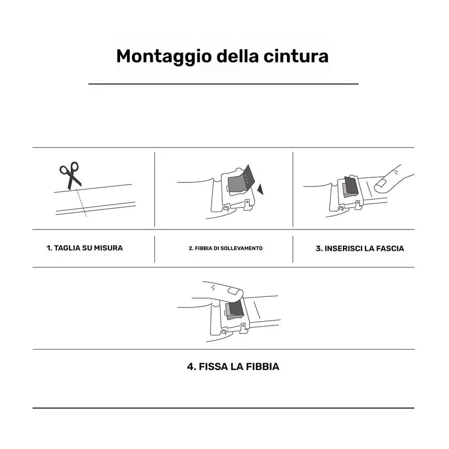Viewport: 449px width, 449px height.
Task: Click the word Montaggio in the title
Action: tap(164, 57)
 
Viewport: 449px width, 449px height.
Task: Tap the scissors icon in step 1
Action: tap(70, 175)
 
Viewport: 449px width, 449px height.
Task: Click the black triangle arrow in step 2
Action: tap(260, 189)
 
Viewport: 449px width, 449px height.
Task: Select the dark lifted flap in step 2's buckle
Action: tap(249, 175)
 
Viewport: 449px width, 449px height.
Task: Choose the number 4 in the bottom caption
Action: tap(191, 366)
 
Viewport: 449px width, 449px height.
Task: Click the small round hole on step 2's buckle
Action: tap(226, 208)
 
